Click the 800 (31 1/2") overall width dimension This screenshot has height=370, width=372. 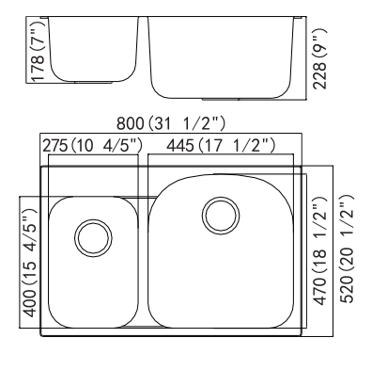[x=171, y=123]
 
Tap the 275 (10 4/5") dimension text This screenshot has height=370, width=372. [x=92, y=146]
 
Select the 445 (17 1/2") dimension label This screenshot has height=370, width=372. [x=221, y=146]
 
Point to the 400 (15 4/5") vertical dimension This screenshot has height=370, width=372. [x=30, y=261]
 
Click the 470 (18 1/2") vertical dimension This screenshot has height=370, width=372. [x=319, y=250]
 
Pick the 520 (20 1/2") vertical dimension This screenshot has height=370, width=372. [x=347, y=249]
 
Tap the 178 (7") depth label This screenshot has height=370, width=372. [x=39, y=52]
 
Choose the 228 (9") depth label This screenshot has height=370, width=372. [x=319, y=58]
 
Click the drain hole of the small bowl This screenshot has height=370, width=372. [x=93, y=237]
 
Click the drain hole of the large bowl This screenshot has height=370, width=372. [x=221, y=216]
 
